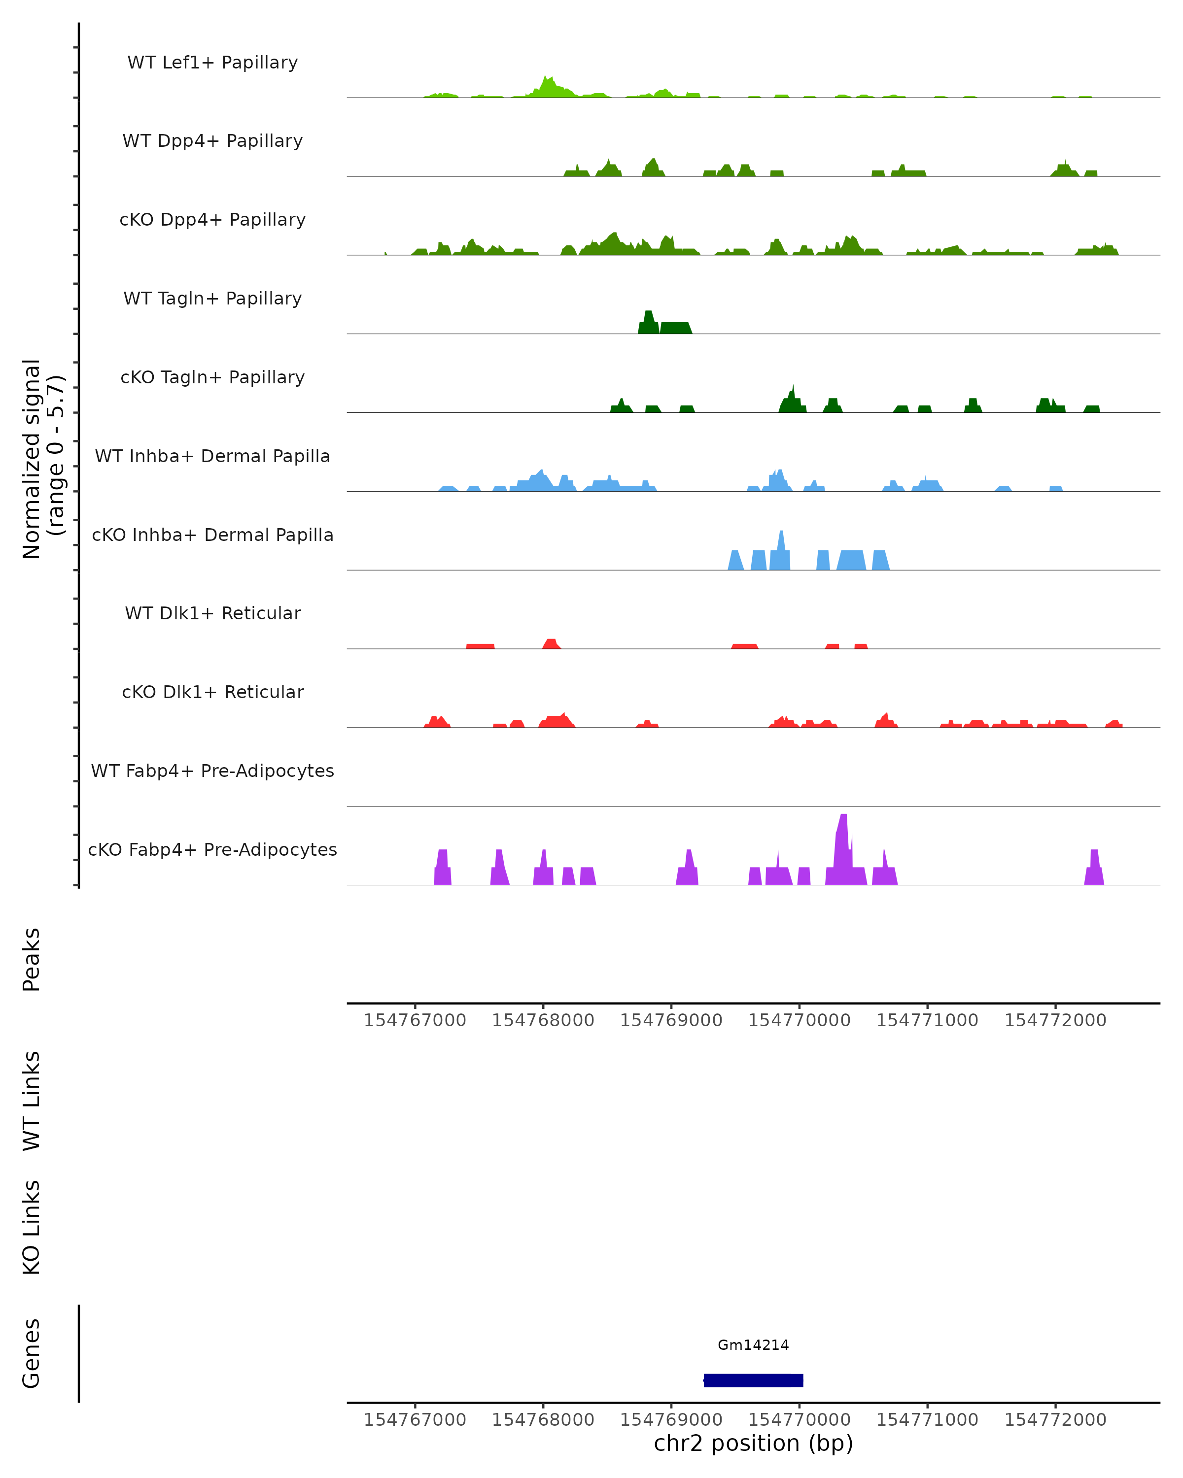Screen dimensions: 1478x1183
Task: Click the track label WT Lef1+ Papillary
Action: point(212,63)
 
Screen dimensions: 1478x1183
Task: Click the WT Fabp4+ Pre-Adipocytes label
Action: point(212,771)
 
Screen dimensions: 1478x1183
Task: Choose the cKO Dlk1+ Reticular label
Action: point(212,692)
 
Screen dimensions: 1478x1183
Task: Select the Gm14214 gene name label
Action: point(753,1345)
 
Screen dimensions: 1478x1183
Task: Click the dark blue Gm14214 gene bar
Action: point(753,1380)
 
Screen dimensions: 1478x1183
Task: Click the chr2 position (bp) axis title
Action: point(753,1444)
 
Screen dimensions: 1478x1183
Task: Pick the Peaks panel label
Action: point(32,960)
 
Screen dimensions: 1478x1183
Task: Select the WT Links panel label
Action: point(32,1100)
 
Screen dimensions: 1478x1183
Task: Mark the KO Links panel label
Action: point(32,1227)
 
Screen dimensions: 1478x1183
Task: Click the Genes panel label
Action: point(32,1353)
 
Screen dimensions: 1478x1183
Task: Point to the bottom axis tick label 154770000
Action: point(799,1420)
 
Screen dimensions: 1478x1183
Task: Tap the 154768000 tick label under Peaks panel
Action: point(543,1020)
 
